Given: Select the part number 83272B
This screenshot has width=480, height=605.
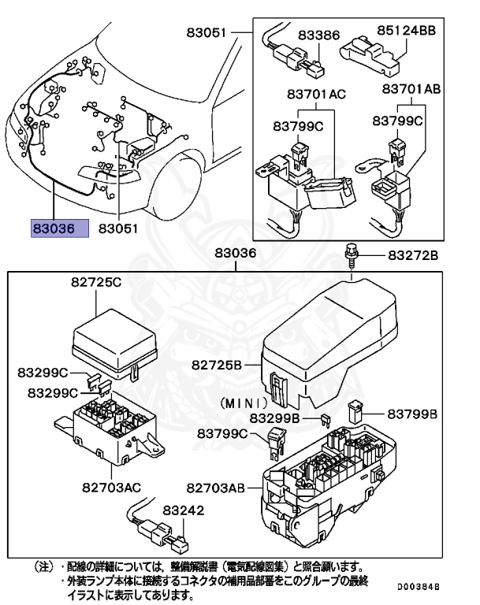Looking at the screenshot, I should click(412, 257).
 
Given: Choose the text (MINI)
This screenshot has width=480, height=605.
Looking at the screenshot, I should click(236, 403).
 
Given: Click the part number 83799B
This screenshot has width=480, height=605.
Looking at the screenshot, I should click(411, 413).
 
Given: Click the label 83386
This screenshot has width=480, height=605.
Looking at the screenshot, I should click(319, 35).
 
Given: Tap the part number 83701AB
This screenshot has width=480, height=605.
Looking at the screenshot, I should click(411, 89).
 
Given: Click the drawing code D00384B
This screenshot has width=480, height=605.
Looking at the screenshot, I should click(419, 588).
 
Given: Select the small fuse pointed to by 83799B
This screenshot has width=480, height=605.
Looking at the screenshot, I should click(355, 410).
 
